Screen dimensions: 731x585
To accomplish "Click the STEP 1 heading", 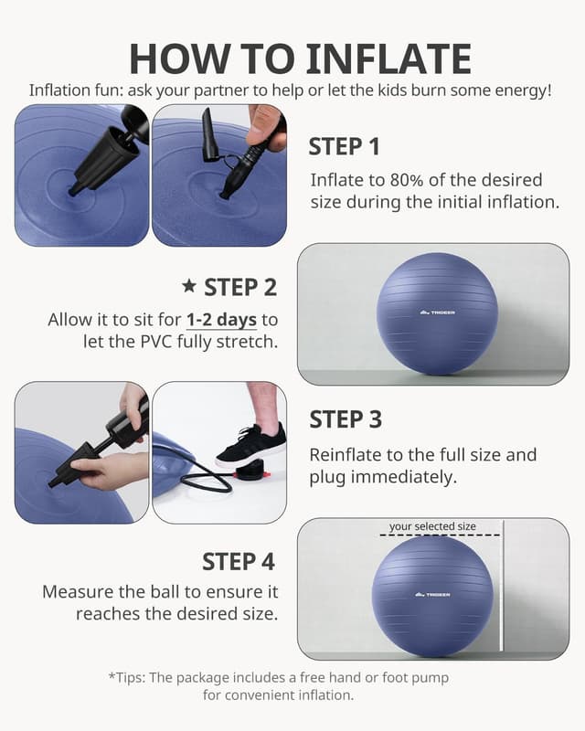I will point(344,147).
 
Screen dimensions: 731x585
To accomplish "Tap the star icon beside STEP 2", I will point(189,287).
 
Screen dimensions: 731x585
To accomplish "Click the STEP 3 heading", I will point(346,419).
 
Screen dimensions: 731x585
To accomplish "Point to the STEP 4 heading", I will point(239,561).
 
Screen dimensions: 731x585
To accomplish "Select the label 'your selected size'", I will point(432,526).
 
